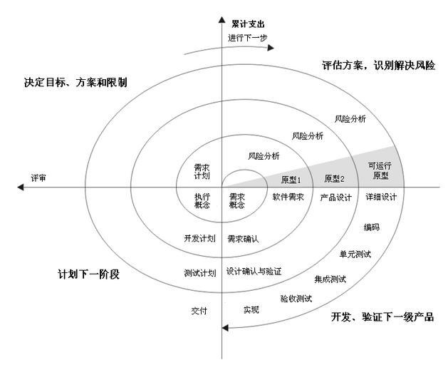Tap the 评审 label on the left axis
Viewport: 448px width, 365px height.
click(x=38, y=177)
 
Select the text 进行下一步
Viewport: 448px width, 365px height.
click(x=248, y=38)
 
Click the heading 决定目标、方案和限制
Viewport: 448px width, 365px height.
click(x=75, y=82)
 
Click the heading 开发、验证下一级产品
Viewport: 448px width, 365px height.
click(x=382, y=317)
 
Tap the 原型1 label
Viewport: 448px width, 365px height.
click(x=291, y=179)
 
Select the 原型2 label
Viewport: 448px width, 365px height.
click(x=334, y=178)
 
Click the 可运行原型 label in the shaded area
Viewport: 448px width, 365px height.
click(x=379, y=169)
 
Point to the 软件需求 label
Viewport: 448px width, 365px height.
click(x=288, y=197)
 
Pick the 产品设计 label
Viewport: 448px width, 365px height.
click(x=335, y=197)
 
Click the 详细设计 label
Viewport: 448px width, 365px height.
click(x=381, y=197)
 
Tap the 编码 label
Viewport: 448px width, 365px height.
click(x=371, y=227)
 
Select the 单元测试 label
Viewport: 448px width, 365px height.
click(x=355, y=254)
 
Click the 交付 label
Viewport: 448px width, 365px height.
click(x=199, y=310)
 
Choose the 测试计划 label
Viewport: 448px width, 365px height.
click(x=199, y=272)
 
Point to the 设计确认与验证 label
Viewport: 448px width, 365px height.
click(x=254, y=272)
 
